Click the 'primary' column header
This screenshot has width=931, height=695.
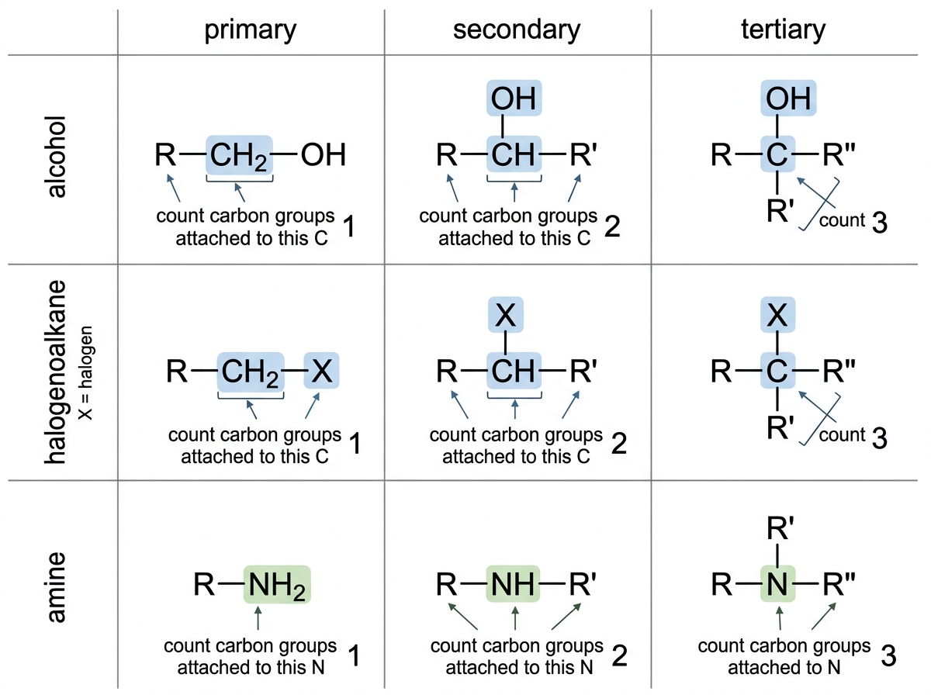click(251, 30)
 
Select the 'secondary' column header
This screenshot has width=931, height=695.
click(517, 29)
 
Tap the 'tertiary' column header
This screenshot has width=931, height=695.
click(783, 29)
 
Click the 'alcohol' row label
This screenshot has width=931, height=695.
click(56, 157)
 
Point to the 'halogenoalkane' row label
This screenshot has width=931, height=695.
click(56, 372)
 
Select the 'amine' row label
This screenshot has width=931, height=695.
click(56, 587)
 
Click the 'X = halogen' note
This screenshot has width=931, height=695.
click(85, 373)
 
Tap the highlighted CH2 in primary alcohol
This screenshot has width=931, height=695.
click(239, 155)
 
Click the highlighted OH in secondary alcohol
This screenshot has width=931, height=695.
click(514, 98)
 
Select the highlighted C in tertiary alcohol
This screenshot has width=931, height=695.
click(777, 154)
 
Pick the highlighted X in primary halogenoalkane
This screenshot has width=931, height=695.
click(321, 371)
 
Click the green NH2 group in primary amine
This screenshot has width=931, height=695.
click(277, 585)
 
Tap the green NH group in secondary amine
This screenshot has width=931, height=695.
click(513, 584)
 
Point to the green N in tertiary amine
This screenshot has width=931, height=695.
click(777, 584)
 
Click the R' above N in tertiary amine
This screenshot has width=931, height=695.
click(780, 528)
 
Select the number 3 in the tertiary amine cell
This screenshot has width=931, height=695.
click(888, 655)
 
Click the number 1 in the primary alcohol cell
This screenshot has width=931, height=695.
click(349, 226)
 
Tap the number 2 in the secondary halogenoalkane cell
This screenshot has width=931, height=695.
click(619, 444)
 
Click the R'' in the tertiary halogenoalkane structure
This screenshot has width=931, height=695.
click(839, 371)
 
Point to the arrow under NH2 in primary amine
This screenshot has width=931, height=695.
click(258, 618)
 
